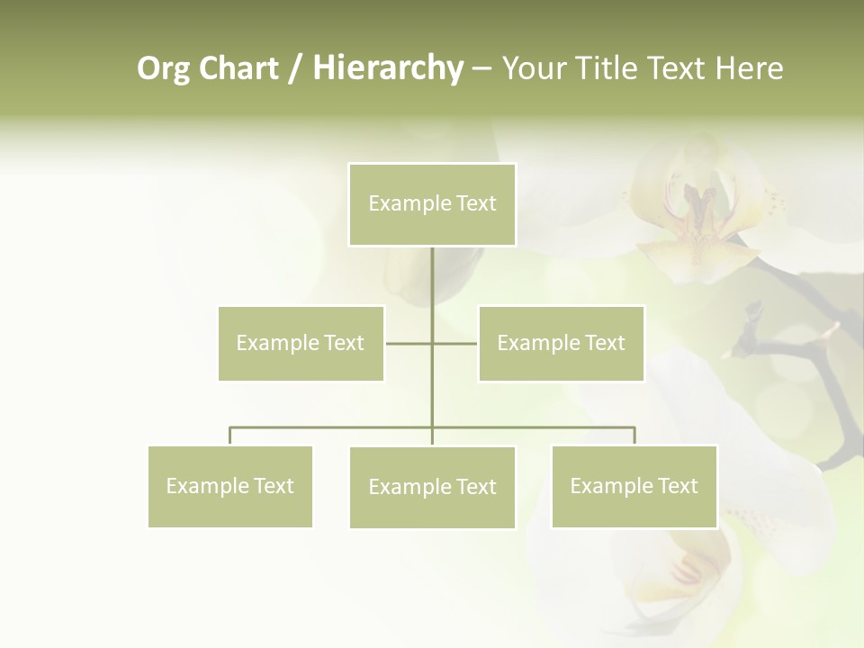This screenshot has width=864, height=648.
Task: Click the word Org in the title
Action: click(x=163, y=68)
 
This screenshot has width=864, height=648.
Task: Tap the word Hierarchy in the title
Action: click(x=387, y=68)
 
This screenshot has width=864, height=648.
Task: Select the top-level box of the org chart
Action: click(x=432, y=204)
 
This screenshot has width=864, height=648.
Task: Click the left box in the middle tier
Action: click(x=301, y=343)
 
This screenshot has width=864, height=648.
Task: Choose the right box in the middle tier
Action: click(x=561, y=343)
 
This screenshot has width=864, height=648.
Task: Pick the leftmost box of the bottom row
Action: click(x=230, y=486)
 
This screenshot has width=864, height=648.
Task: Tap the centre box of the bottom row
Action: click(x=432, y=487)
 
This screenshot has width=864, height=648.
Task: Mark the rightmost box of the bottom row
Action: click(x=634, y=486)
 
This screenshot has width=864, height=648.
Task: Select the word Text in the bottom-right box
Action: click(x=677, y=486)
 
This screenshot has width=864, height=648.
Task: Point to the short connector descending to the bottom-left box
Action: click(x=230, y=436)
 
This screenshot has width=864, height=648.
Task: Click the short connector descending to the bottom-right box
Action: click(x=634, y=436)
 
